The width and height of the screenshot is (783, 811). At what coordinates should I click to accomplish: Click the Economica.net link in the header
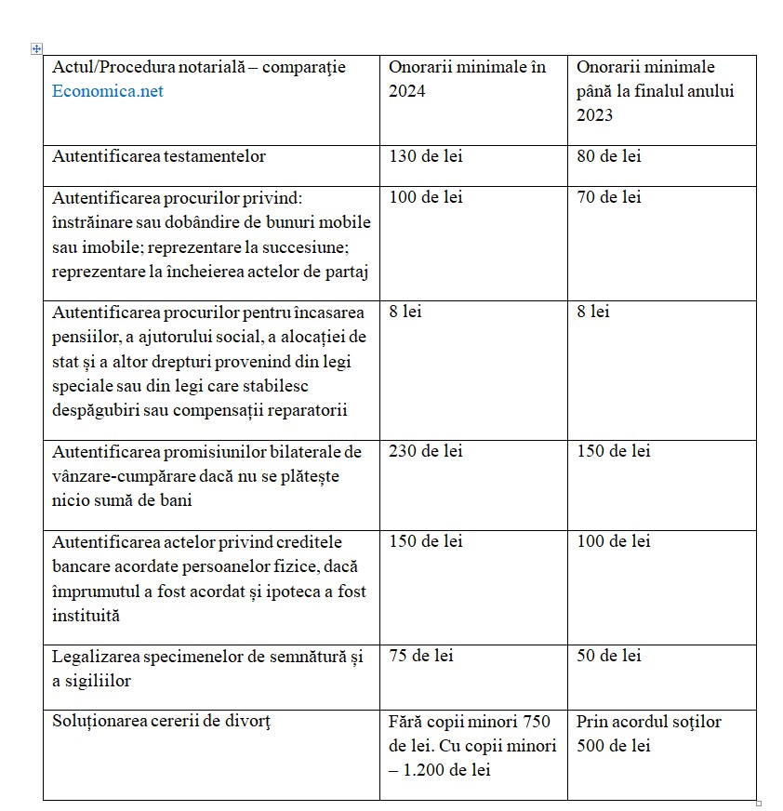click(x=108, y=91)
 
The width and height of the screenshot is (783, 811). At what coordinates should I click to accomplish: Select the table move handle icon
click(x=36, y=48)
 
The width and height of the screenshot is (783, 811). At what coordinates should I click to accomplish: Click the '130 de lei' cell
click(x=425, y=156)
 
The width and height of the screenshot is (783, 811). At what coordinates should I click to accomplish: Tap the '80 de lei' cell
click(x=608, y=156)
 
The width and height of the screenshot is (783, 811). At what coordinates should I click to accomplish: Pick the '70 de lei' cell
click(x=608, y=197)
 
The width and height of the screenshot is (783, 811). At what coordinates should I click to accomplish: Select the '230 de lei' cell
click(x=425, y=451)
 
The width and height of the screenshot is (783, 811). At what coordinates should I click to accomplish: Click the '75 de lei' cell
click(x=420, y=656)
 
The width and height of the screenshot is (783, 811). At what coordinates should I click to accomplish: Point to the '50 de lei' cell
click(x=608, y=656)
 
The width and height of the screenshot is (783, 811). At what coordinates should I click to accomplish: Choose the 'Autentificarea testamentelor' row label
click(x=159, y=156)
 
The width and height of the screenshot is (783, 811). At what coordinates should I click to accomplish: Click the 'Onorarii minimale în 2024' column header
click(x=467, y=79)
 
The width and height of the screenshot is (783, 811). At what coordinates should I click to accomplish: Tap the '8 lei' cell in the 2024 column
click(x=405, y=312)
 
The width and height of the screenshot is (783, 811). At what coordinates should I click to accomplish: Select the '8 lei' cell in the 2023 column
click(x=593, y=312)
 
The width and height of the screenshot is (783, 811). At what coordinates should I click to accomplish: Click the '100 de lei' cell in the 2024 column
click(x=425, y=197)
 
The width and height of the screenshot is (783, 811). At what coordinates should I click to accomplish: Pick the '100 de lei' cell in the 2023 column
click(x=613, y=541)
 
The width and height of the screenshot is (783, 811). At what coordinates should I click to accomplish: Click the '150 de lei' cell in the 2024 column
click(x=425, y=541)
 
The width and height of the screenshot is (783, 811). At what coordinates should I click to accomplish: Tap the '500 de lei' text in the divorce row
click(x=613, y=746)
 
